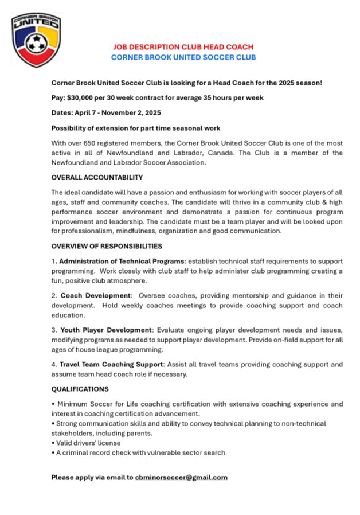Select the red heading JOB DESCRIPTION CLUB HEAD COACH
(183, 47)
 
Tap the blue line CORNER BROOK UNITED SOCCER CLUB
(183, 57)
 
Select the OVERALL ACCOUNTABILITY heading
(97, 177)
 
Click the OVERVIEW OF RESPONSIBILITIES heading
(107, 246)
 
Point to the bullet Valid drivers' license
(86, 443)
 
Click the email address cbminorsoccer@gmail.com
(181, 477)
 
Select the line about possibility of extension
(136, 128)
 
